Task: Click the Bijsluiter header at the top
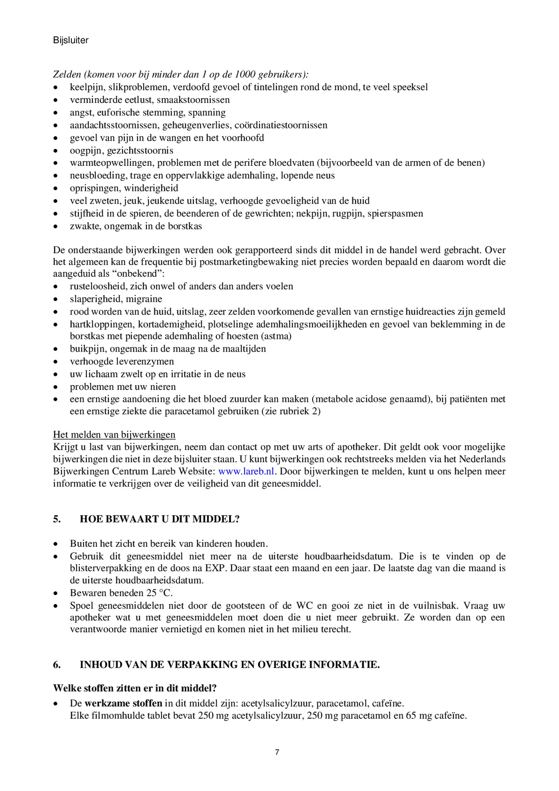coord(71,40)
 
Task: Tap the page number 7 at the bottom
coord(277,752)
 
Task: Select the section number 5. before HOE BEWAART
coord(57,519)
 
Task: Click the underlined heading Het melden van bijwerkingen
coord(114,434)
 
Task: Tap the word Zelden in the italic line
coord(67,75)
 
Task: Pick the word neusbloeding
coord(92,176)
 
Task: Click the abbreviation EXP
coord(214,568)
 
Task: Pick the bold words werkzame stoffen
coord(123,703)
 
